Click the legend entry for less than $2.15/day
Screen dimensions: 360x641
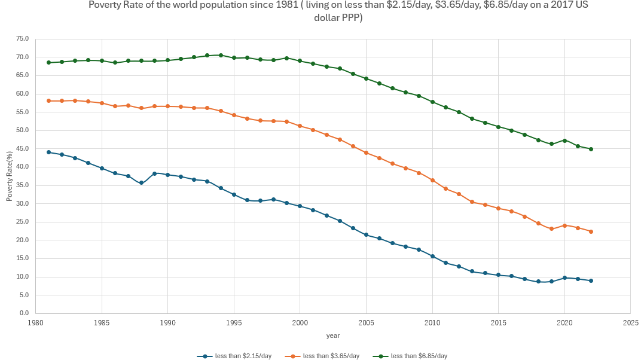(x=234, y=356)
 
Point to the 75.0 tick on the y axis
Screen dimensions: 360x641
(x=22, y=39)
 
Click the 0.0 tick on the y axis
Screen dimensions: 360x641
(x=25, y=313)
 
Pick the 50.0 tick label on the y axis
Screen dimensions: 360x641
(x=22, y=130)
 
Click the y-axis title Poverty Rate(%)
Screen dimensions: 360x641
(x=9, y=176)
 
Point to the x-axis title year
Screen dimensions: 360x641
(x=333, y=335)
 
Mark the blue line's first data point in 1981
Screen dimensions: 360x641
(x=48, y=152)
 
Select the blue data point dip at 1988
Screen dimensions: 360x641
(x=141, y=183)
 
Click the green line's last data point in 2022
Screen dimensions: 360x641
(x=591, y=149)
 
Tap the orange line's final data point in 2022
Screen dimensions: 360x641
(x=591, y=231)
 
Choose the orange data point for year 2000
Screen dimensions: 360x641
(x=300, y=126)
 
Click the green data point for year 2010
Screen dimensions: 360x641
(x=432, y=102)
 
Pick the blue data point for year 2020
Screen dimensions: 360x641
(x=564, y=277)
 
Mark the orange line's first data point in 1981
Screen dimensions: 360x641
(x=48, y=100)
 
